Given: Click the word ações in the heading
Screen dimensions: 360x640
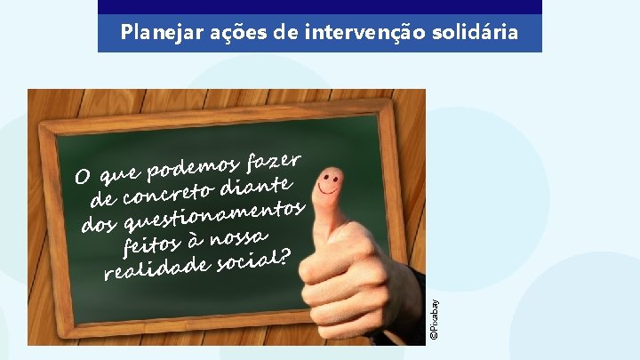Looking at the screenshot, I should point(228,34).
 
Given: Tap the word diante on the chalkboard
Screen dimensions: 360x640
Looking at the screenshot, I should point(258,185).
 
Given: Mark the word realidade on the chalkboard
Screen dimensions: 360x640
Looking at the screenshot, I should point(156,267).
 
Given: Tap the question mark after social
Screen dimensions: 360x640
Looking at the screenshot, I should point(284,255).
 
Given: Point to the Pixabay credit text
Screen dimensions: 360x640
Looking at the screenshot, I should point(434,315).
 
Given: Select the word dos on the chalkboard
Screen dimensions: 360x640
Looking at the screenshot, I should point(100,222).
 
